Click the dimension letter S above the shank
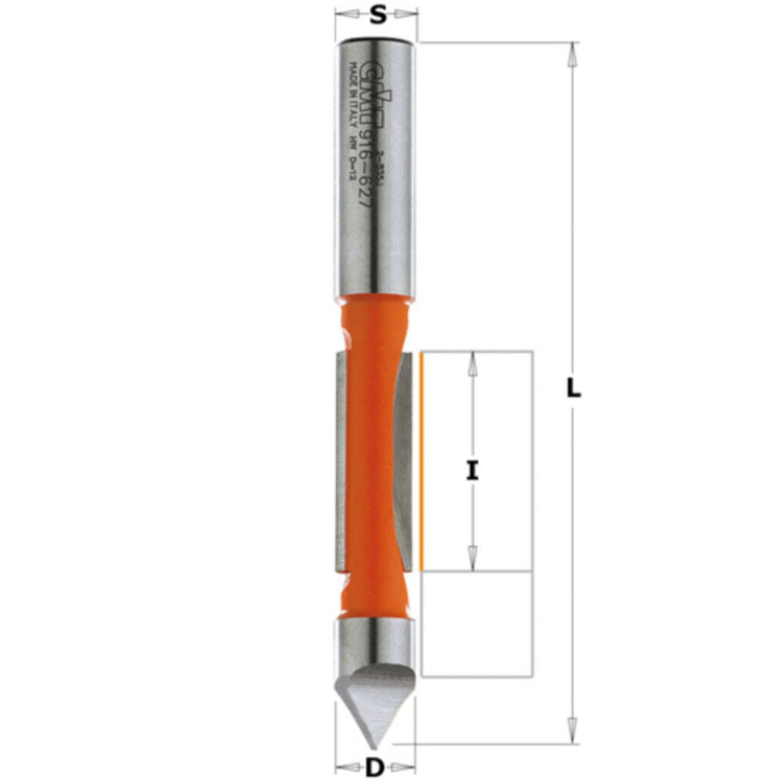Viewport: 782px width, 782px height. pos(378,15)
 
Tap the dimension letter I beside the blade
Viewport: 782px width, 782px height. pos(472,471)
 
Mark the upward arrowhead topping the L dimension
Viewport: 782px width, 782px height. pos(573,52)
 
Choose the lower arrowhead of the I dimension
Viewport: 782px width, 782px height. pos(472,561)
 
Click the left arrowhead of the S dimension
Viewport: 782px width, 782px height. pos(343,14)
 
